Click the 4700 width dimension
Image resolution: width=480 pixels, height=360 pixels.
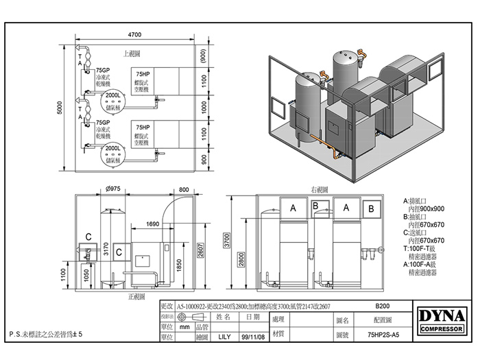tap(134, 34)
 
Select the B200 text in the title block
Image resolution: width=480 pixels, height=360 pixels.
tap(384, 307)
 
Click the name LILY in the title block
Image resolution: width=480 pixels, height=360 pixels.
tap(224, 337)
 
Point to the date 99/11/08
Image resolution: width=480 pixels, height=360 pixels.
tap(252, 337)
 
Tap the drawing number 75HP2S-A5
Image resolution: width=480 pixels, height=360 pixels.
tap(383, 337)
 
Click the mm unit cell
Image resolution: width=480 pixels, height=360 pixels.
tap(184, 328)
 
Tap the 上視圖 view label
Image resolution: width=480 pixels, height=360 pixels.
tap(132, 53)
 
